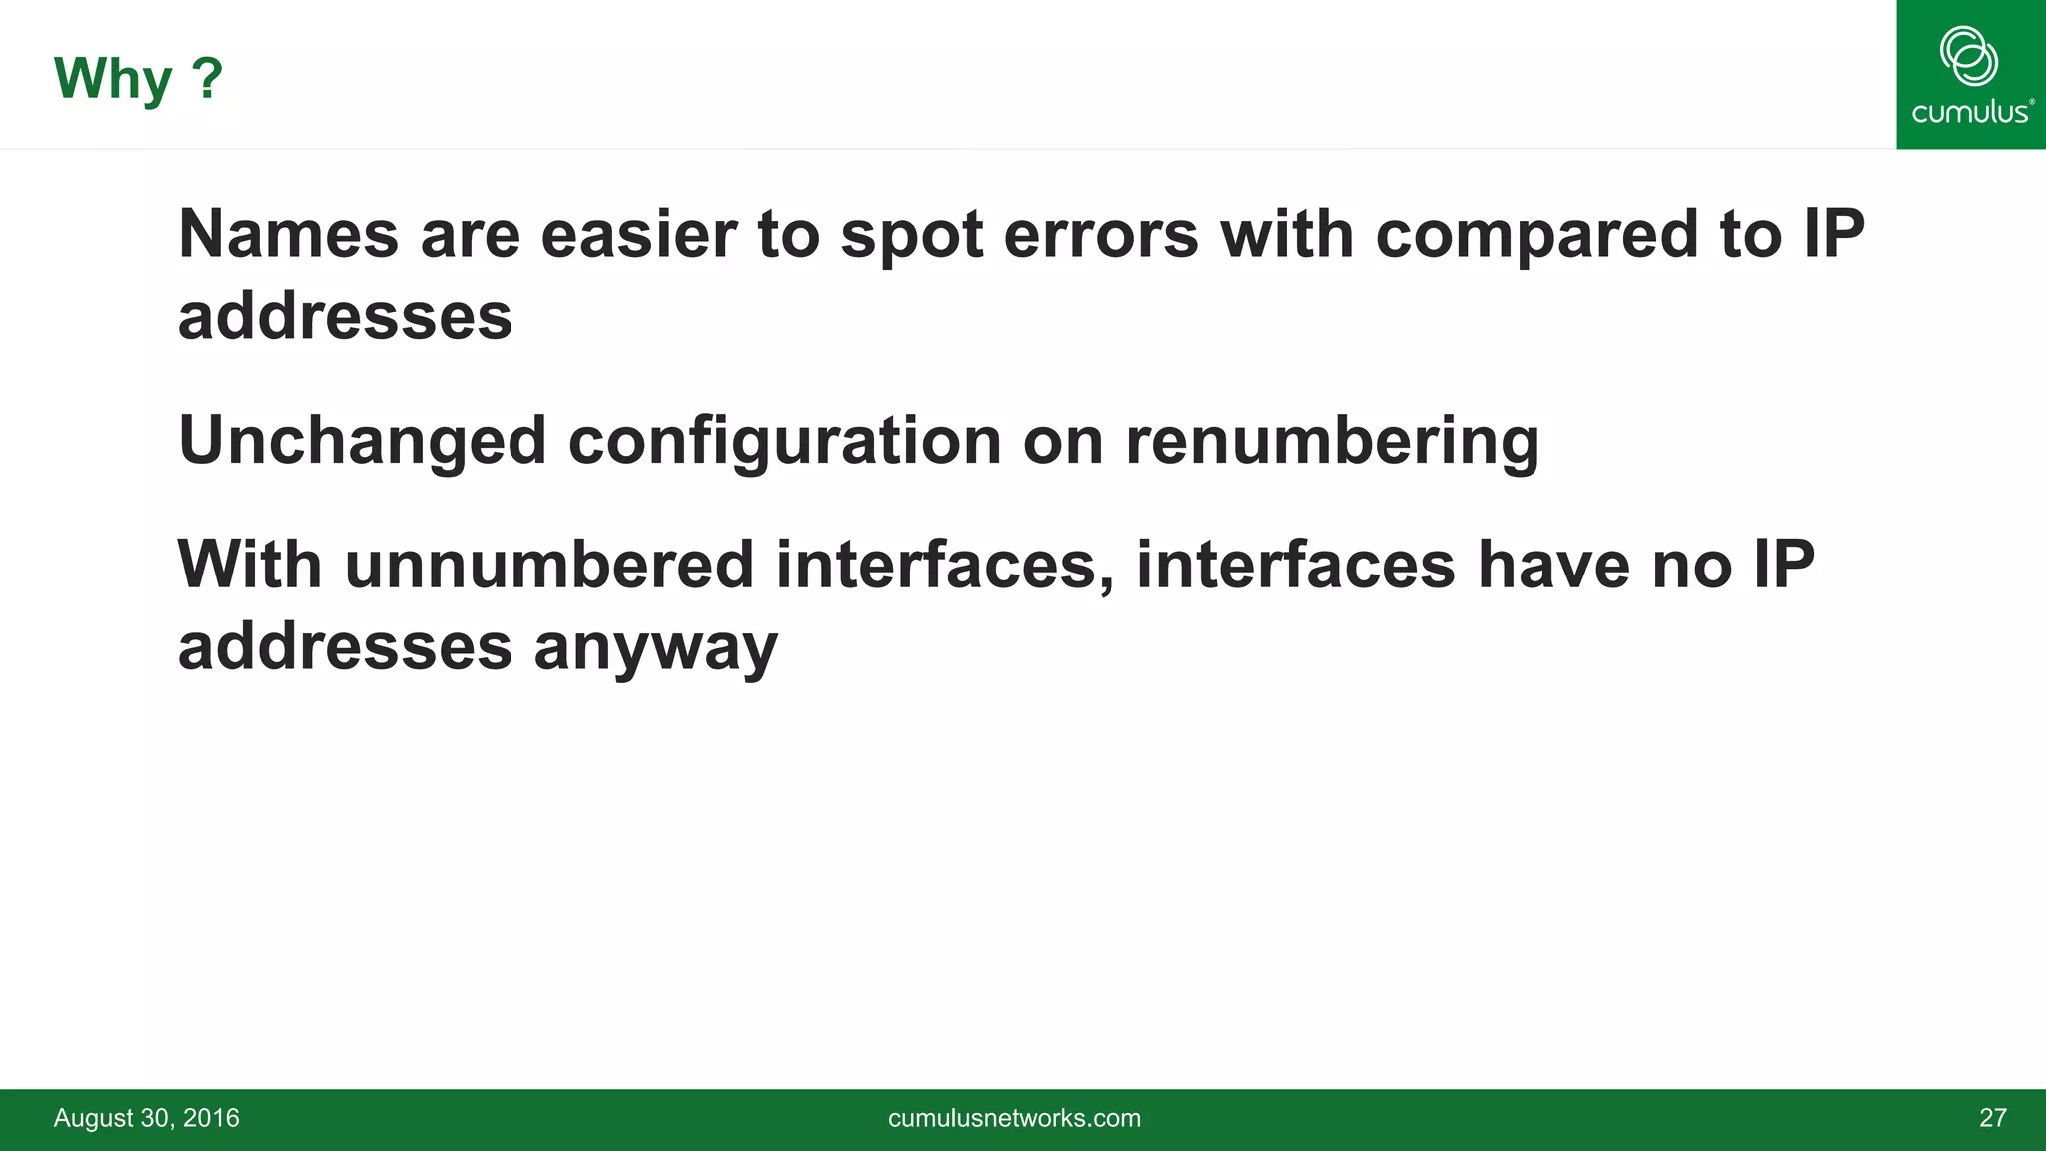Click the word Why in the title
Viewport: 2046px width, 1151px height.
coord(113,79)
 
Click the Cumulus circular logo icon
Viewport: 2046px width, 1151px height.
coord(1969,56)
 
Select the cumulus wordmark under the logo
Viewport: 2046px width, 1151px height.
coord(1970,111)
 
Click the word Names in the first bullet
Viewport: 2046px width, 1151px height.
coord(289,234)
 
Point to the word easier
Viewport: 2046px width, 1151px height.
coord(638,234)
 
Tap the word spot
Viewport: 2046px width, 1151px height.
coord(912,236)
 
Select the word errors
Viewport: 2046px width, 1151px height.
coord(1101,234)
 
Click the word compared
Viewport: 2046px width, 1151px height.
coord(1536,236)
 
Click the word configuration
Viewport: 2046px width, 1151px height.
coord(784,442)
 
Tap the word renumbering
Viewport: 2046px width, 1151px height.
coord(1333,442)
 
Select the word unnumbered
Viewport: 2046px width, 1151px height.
coord(549,565)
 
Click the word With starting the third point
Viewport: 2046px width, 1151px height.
coord(250,565)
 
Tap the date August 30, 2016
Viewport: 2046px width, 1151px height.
coord(146,1118)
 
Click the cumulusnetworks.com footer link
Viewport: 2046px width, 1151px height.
coord(1014,1118)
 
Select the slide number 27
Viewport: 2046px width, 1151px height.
coord(1992,1118)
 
